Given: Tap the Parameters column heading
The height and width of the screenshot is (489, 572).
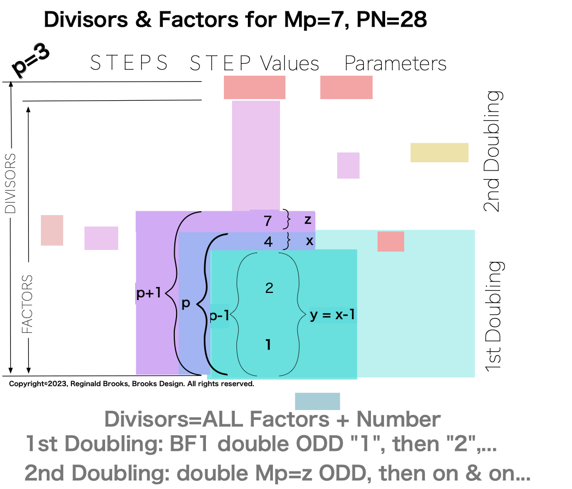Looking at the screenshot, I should click(395, 64).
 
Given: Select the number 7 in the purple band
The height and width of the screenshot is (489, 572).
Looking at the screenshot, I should click(267, 221).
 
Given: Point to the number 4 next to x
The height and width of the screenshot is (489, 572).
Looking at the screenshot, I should click(268, 241).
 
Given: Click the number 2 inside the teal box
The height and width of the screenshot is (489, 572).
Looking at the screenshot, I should click(269, 288).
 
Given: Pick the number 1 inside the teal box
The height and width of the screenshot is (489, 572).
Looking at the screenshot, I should click(268, 345).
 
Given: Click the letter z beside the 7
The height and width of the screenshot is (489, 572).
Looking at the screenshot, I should click(308, 220).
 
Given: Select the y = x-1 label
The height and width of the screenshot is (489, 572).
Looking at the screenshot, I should click(333, 315).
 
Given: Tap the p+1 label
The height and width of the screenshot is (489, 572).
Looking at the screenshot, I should click(149, 294).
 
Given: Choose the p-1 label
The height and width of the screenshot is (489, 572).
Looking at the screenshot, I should click(219, 317).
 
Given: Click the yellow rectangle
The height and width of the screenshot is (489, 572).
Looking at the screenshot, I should click(439, 152).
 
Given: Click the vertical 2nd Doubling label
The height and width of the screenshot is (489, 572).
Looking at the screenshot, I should click(492, 151).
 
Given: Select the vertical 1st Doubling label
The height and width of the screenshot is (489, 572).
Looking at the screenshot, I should click(494, 316).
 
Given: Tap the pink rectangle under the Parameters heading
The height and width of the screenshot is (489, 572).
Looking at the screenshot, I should click(346, 87).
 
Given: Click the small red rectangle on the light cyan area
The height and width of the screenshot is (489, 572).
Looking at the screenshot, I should click(391, 241).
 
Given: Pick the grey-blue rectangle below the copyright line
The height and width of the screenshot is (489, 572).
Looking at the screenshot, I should click(317, 401).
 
